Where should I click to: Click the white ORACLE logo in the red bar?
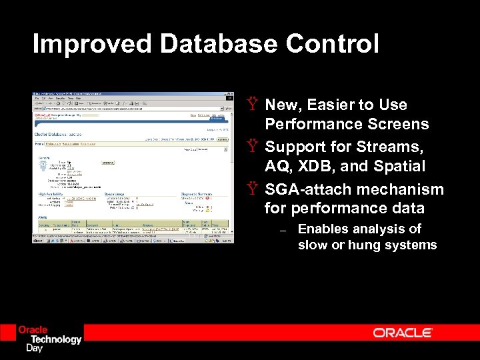pyautogui.click(x=403, y=333)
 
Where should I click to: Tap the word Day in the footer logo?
pyautogui.click(x=34, y=348)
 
